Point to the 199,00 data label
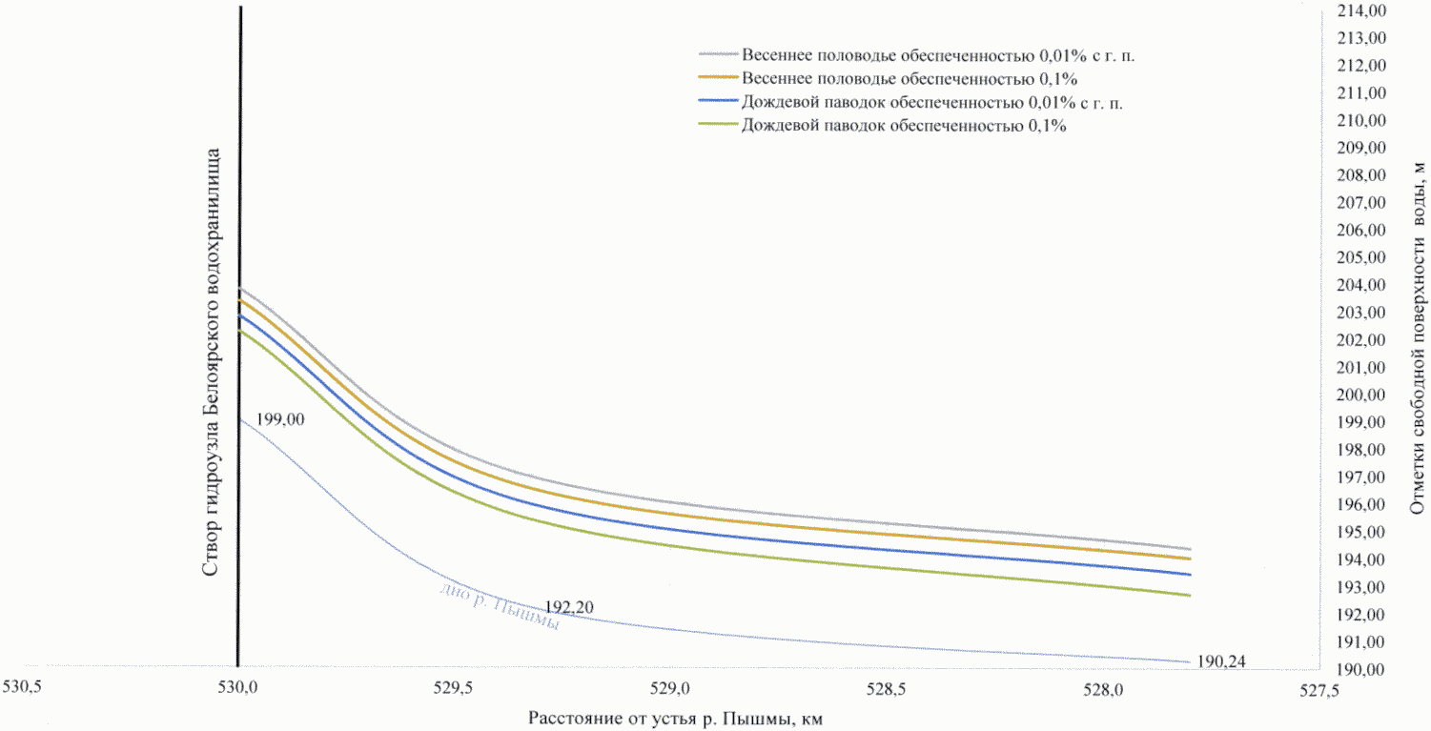coord(276,418)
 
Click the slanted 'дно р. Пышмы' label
coord(499,606)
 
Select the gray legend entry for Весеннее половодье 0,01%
coord(938,55)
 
